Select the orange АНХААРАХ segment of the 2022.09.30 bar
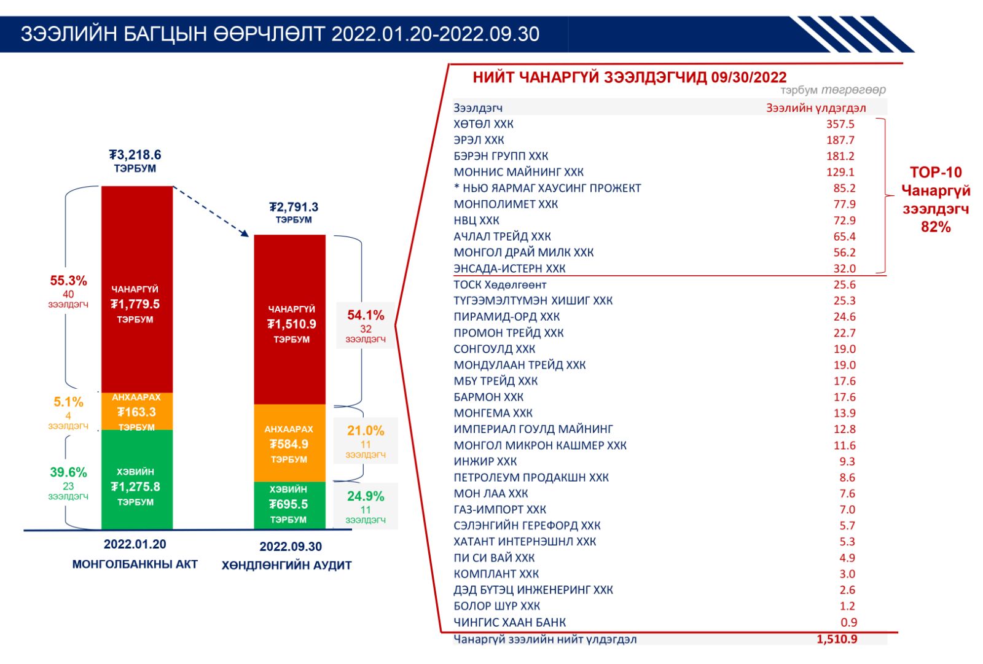[289, 443]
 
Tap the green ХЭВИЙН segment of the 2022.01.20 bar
[137, 479]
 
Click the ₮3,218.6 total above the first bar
[135, 155]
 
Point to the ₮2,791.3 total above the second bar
[294, 207]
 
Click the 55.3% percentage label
[68, 281]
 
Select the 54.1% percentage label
[366, 315]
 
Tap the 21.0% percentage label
[366, 431]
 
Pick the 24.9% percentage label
[366, 496]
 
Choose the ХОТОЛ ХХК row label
[484, 124]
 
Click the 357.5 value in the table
[840, 124]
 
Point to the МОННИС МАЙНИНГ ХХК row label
[519, 172]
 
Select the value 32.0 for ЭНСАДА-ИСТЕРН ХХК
[844, 268]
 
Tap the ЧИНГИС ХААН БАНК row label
[510, 622]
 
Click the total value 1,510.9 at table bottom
[837, 639]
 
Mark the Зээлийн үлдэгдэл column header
[816, 108]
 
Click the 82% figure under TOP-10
[936, 227]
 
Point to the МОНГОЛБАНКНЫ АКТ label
[135, 564]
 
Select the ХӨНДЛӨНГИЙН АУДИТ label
[287, 565]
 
